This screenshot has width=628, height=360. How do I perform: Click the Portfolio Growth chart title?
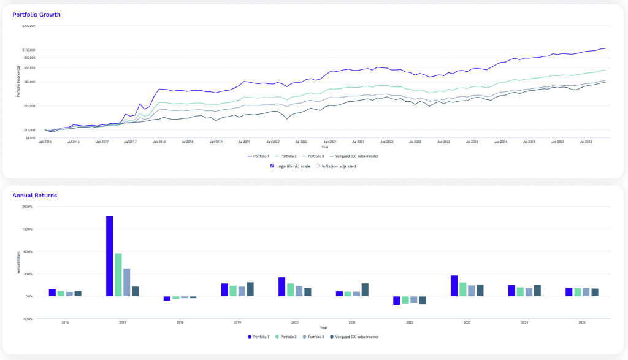[x=37, y=14]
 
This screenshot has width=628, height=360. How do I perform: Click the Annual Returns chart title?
[x=35, y=195]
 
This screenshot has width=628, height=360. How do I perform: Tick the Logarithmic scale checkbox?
[x=272, y=166]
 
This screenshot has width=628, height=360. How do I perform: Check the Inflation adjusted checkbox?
[x=318, y=166]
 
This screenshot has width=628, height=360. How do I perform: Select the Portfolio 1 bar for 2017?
[x=109, y=256]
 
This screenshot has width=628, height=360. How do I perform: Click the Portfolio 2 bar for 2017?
[x=118, y=274]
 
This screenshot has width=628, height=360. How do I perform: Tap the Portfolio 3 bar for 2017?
[x=126, y=282]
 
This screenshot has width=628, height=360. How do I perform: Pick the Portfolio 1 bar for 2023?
[x=454, y=286]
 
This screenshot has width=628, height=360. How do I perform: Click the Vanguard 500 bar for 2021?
[x=365, y=289]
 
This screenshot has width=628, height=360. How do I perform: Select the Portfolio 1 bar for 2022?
[x=397, y=301]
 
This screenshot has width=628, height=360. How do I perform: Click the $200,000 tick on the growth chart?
[x=28, y=26]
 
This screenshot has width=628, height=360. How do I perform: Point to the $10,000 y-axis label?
[x=29, y=130]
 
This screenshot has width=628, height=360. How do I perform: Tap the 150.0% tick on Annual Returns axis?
[x=27, y=229]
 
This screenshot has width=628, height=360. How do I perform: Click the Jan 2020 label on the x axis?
[x=272, y=142]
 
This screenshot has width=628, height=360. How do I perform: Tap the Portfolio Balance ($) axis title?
[x=18, y=81]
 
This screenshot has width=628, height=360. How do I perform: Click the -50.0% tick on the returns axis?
[x=27, y=319]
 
